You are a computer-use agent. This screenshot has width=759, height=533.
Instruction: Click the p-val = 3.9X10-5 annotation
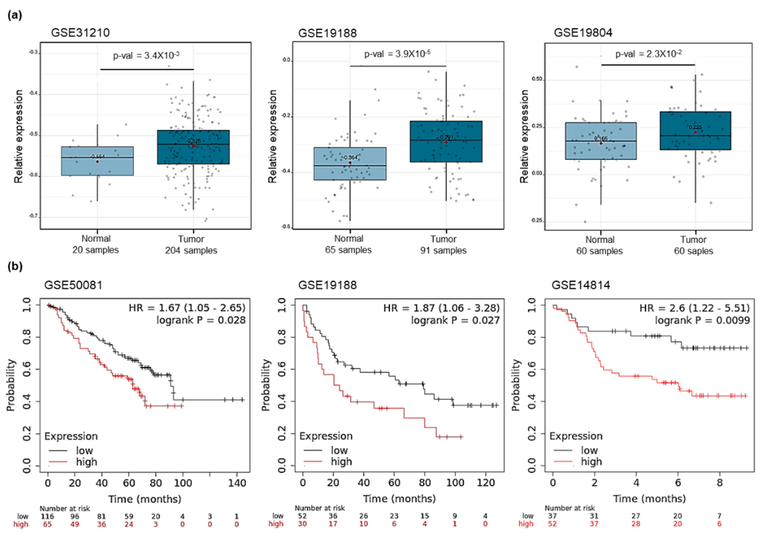(397, 54)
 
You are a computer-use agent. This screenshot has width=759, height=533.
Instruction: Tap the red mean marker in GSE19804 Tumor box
(695, 132)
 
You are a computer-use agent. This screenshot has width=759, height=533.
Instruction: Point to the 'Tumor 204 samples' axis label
(191, 245)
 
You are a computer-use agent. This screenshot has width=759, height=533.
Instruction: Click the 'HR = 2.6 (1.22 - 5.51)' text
(694, 308)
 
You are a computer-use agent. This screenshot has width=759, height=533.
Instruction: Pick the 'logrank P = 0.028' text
(201, 320)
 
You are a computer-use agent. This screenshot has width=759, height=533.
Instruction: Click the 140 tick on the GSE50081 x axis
(237, 483)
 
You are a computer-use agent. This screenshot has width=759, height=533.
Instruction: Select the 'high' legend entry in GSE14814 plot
(591, 461)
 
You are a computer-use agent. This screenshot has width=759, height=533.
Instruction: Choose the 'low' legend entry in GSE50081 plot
(84, 450)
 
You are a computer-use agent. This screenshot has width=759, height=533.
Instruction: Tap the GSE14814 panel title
(581, 285)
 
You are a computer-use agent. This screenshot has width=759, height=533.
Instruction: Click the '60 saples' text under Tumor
(694, 251)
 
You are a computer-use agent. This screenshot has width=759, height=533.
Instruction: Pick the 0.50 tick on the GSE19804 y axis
(536, 80)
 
